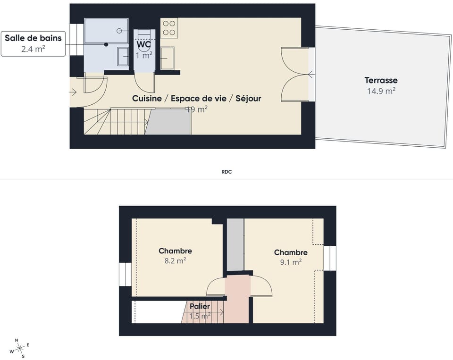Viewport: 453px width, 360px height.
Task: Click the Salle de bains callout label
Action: (33, 38)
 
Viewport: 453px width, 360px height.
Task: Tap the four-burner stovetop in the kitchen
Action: (169, 28)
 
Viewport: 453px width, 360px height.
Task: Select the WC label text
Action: (144, 44)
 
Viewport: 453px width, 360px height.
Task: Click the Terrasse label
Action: (381, 80)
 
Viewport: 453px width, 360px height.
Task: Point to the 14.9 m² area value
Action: (381, 91)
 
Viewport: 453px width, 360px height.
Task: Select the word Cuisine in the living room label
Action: (147, 98)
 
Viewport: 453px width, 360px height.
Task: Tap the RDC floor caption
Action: (226, 172)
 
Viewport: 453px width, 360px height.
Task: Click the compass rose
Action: (20, 348)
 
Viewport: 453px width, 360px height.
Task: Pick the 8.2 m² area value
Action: (175, 261)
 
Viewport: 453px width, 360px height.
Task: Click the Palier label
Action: (200, 306)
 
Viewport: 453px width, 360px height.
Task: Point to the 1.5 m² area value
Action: (200, 316)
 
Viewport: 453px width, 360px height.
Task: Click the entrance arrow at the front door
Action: (73, 92)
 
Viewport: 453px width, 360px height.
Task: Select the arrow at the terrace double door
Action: (310, 74)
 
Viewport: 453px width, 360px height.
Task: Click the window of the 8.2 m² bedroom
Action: (125, 274)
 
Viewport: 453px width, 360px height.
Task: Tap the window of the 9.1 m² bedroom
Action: (330, 258)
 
